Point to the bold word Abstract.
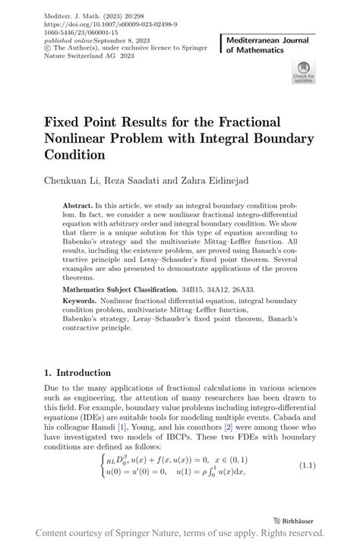77,206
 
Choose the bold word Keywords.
84,302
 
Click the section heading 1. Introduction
77,373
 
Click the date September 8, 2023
110,42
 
